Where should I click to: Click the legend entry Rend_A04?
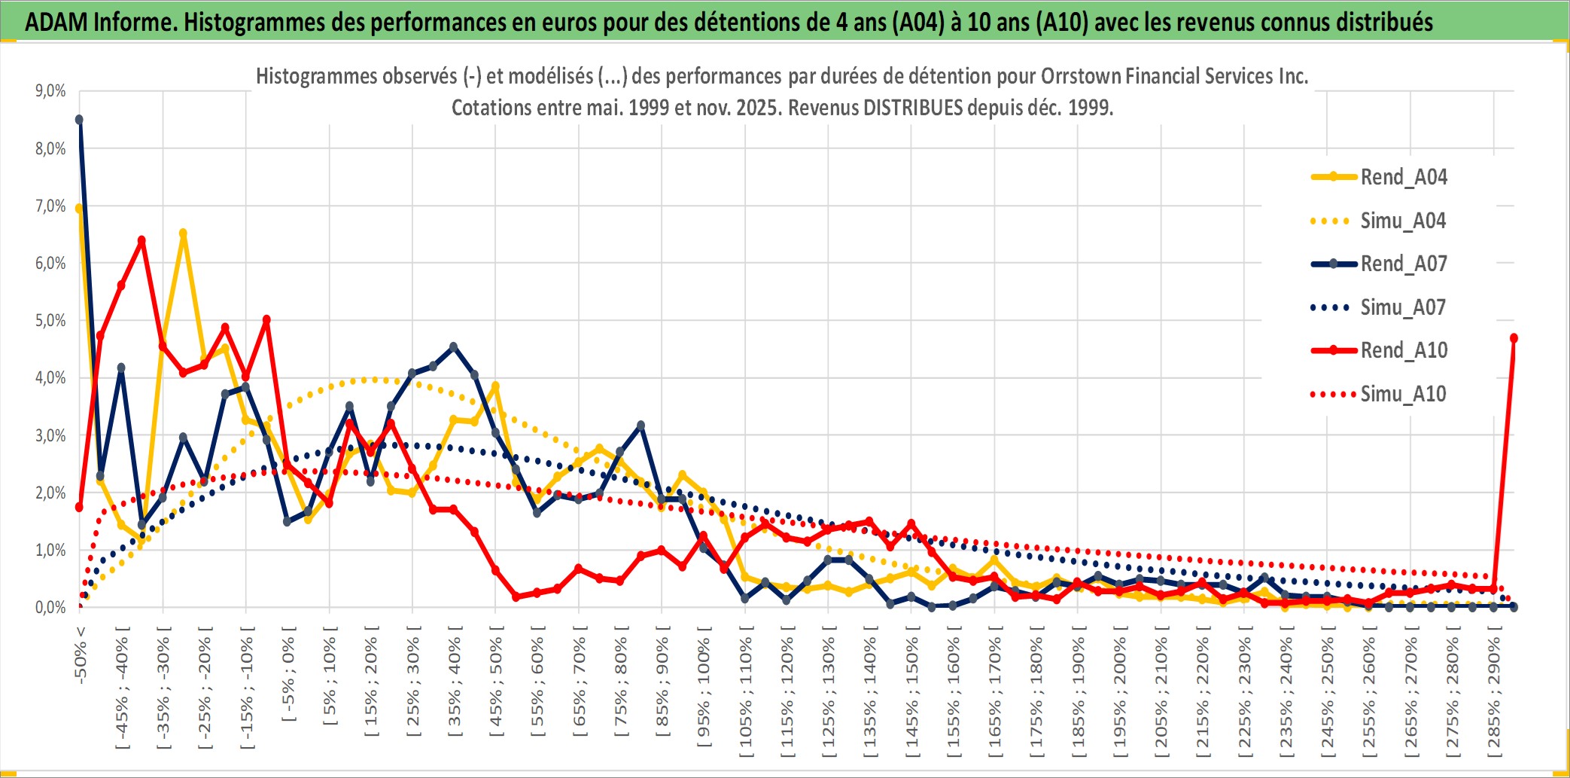pos(1403,177)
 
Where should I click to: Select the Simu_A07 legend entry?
pos(1403,307)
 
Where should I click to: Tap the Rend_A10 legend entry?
pos(1403,350)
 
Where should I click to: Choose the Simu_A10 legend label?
pos(1403,394)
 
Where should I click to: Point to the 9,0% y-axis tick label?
pos(50,91)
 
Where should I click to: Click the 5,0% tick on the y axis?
pos(50,321)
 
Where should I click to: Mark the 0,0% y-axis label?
pos(50,608)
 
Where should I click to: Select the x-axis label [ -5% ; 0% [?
pos(288,674)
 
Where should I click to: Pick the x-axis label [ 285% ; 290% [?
pos(1494,697)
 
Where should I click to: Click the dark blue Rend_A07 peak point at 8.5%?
pos(79,120)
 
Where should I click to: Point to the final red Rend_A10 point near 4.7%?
pos(1514,338)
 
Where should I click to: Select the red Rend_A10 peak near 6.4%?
pos(141,240)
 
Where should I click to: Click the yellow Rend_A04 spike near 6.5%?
pos(183,233)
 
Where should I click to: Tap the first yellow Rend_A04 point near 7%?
pos(79,208)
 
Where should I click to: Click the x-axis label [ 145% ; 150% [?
pos(911,697)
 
